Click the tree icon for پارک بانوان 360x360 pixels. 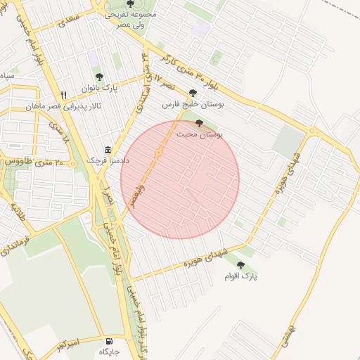coord(98,77)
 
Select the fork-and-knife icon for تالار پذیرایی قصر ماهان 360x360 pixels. coord(63,95)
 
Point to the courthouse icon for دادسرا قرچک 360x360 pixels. coord(108,150)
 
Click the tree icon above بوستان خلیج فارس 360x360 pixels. coord(193,93)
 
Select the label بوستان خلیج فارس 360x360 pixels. coord(193,104)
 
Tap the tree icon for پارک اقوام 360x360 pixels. coord(241,265)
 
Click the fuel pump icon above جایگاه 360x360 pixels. coord(109,340)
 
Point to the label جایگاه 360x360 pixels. coord(109,352)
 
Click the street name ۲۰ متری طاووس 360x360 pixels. coord(35,162)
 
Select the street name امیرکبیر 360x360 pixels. coord(71,344)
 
